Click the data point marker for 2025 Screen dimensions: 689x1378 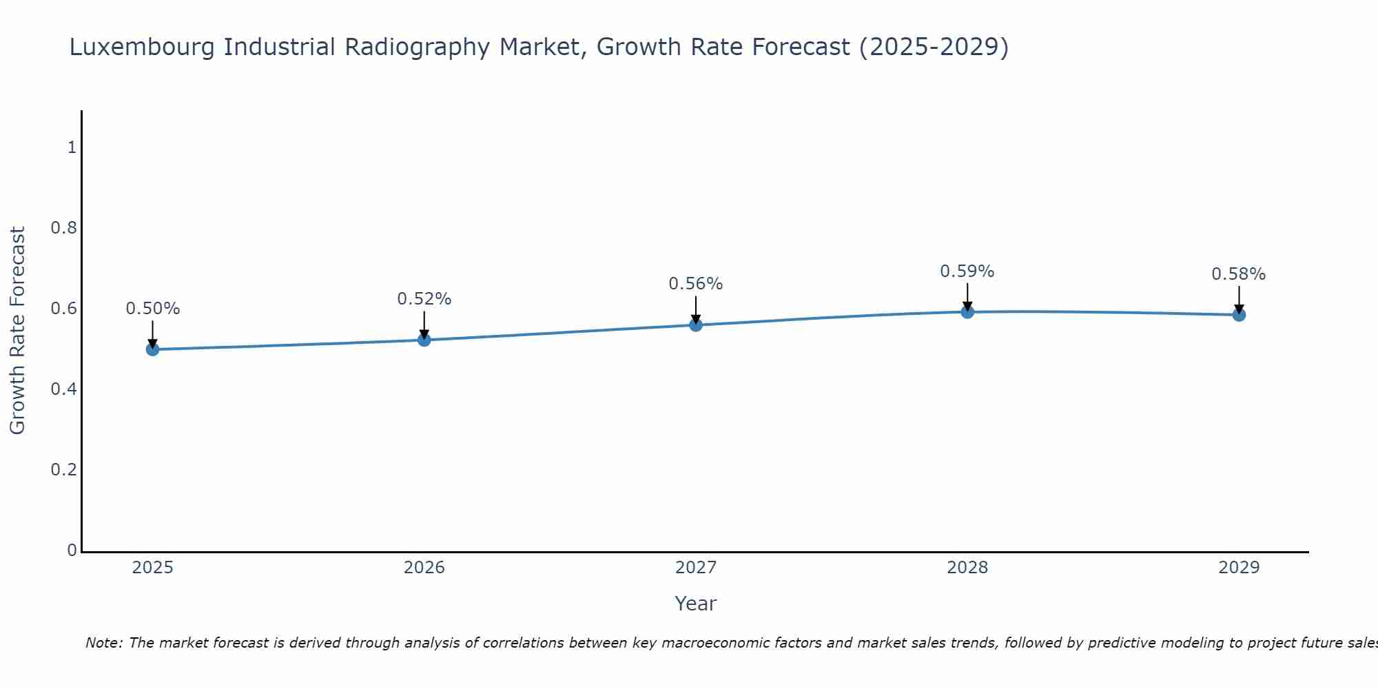pos(152,349)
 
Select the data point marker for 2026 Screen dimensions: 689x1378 pos(424,340)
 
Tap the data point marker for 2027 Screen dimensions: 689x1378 pos(696,325)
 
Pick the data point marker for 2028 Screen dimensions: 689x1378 pos(967,311)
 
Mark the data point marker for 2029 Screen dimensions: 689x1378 pos(1239,315)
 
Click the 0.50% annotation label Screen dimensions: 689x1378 pos(152,309)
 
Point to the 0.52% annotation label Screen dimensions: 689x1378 pos(424,299)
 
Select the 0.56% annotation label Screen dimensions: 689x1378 pos(696,284)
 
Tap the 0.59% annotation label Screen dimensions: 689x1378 pos(967,271)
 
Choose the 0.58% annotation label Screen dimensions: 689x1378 pos(1239,274)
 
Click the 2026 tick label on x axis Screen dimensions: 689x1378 pos(424,568)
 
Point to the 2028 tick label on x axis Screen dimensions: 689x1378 pos(967,568)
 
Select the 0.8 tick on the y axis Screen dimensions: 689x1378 pos(63,228)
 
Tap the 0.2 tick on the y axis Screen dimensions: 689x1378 pos(63,470)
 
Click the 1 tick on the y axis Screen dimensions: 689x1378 pos(71,147)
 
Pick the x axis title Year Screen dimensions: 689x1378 pos(696,604)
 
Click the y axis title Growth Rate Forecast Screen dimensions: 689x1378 pos(17,331)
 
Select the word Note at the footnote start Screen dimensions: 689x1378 pos(103,643)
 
